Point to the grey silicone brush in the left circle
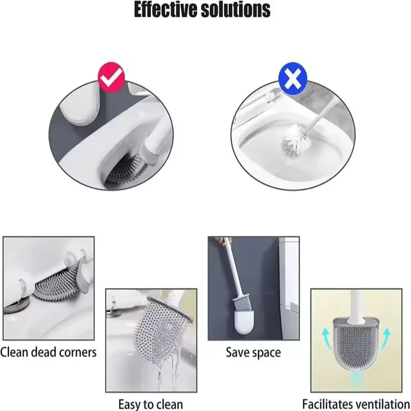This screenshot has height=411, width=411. (x=127, y=169)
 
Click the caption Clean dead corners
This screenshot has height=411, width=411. (x=48, y=352)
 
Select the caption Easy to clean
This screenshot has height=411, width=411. (x=150, y=403)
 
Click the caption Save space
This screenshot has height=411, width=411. (x=253, y=352)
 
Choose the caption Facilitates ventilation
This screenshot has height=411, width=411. (x=356, y=403)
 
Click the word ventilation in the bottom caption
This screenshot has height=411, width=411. (x=382, y=403)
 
